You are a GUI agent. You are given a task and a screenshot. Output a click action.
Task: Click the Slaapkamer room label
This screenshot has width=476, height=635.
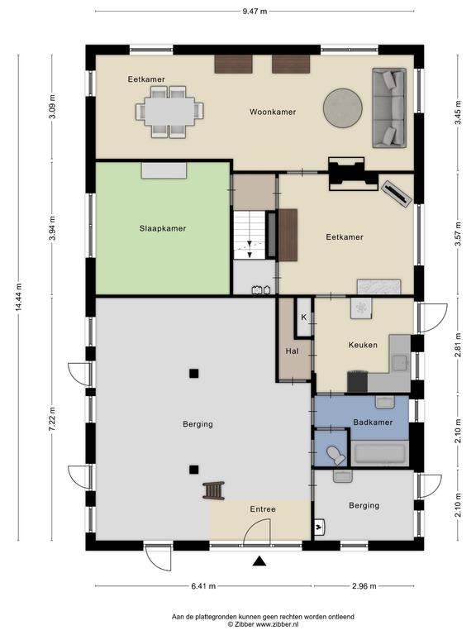[x=163, y=228]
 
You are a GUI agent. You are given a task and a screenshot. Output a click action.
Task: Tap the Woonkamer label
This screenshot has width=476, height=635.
[x=273, y=112]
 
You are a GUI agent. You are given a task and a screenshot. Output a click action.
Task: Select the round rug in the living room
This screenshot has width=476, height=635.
[x=343, y=107]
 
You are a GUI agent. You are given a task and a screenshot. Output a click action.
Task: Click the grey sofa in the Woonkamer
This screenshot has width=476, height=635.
[x=389, y=107]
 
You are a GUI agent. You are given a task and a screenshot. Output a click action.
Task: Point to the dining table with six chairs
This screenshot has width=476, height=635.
[x=169, y=112]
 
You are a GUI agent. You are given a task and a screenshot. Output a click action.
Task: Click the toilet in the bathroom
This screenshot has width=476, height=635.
[x=336, y=455]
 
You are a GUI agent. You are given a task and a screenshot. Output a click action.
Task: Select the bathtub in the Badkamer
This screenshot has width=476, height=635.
[x=378, y=454]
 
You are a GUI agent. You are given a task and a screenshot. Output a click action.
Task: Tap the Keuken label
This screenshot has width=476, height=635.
[x=363, y=345]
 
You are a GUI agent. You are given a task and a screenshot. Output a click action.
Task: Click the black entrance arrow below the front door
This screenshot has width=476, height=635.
[x=259, y=561]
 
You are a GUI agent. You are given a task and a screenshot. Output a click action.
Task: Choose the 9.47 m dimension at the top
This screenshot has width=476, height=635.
[x=255, y=12]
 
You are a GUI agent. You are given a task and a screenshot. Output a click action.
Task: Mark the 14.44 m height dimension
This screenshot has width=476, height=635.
[x=19, y=298]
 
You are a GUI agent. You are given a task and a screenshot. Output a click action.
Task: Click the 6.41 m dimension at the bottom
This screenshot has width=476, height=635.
[x=203, y=586]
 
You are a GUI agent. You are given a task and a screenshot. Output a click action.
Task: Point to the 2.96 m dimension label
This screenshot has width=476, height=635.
[x=364, y=586]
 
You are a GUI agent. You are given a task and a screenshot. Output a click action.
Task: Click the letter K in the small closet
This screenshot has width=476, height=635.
[x=303, y=317]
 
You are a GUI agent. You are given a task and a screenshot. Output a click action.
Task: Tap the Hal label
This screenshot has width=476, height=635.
[x=292, y=351]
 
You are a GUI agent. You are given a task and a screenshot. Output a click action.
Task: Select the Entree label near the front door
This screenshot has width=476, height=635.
[x=263, y=509]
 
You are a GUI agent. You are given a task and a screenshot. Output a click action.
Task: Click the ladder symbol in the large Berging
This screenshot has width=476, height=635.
[x=214, y=490]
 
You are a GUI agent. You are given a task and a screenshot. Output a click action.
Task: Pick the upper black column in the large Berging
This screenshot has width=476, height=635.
[x=194, y=374]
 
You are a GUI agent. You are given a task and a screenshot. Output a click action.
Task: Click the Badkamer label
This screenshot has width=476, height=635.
[x=373, y=423]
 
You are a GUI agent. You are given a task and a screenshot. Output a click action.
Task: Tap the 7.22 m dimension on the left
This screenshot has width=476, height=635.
[x=52, y=419]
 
